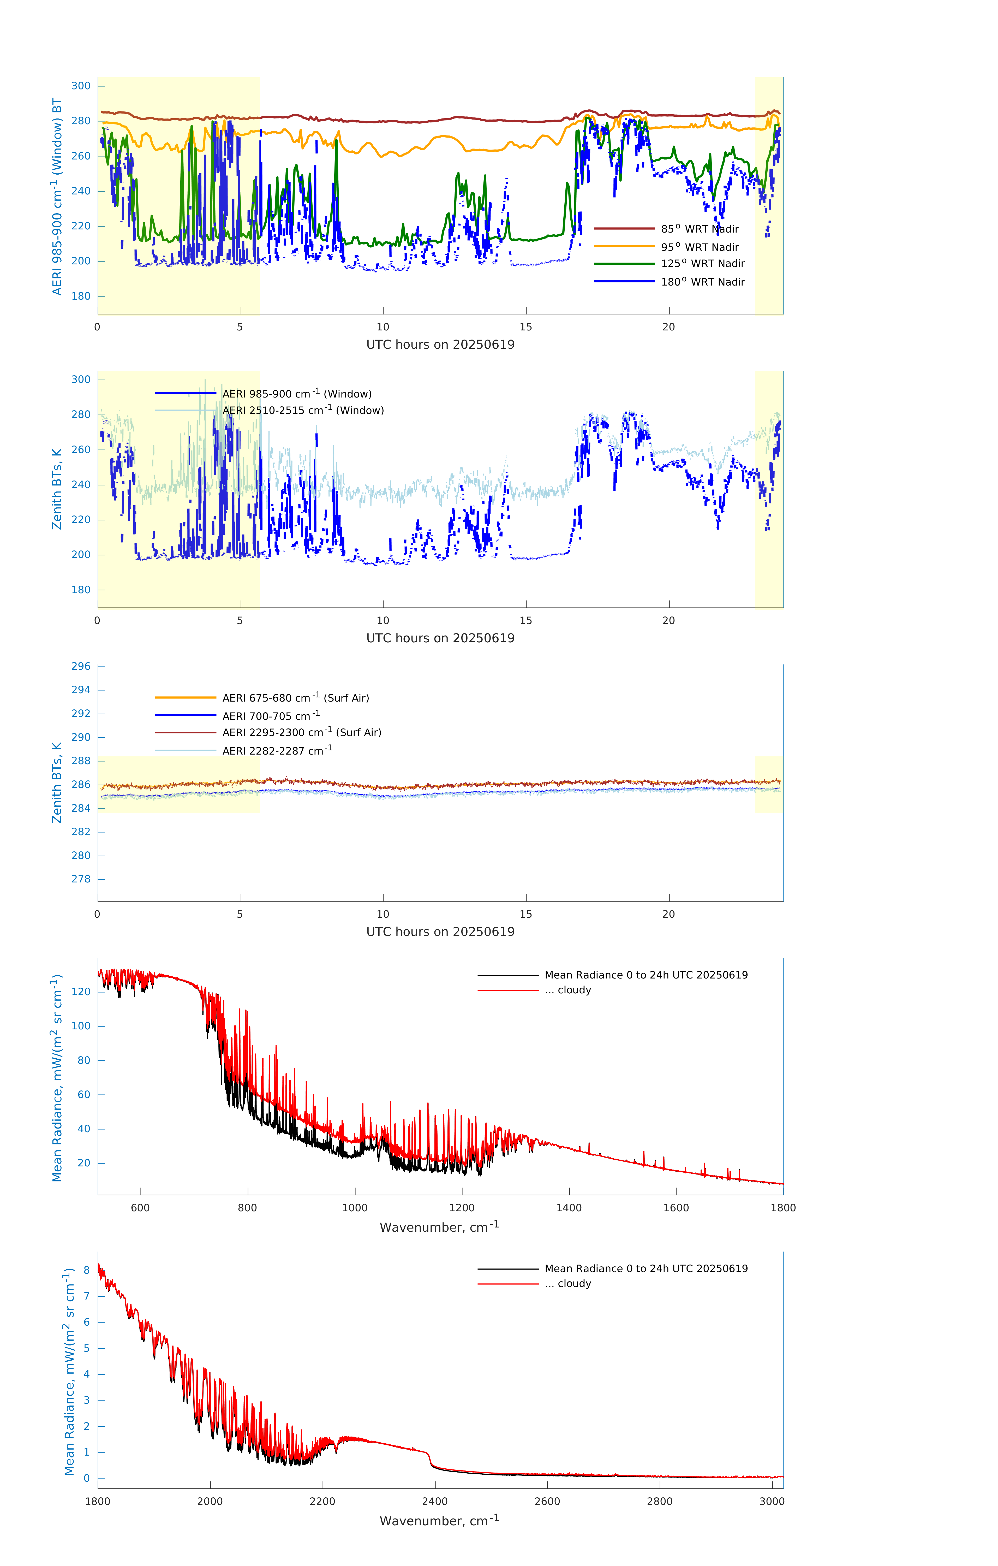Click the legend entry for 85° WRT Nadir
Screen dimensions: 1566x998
[700, 229]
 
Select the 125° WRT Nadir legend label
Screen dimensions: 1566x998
[702, 263]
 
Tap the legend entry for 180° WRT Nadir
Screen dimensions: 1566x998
[702, 282]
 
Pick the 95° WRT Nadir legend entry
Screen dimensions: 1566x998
[700, 247]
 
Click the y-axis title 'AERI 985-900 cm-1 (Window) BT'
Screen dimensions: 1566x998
[57, 196]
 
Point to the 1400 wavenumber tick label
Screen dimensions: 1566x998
[569, 1208]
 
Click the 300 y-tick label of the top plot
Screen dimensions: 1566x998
[81, 86]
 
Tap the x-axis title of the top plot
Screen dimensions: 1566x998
[440, 345]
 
